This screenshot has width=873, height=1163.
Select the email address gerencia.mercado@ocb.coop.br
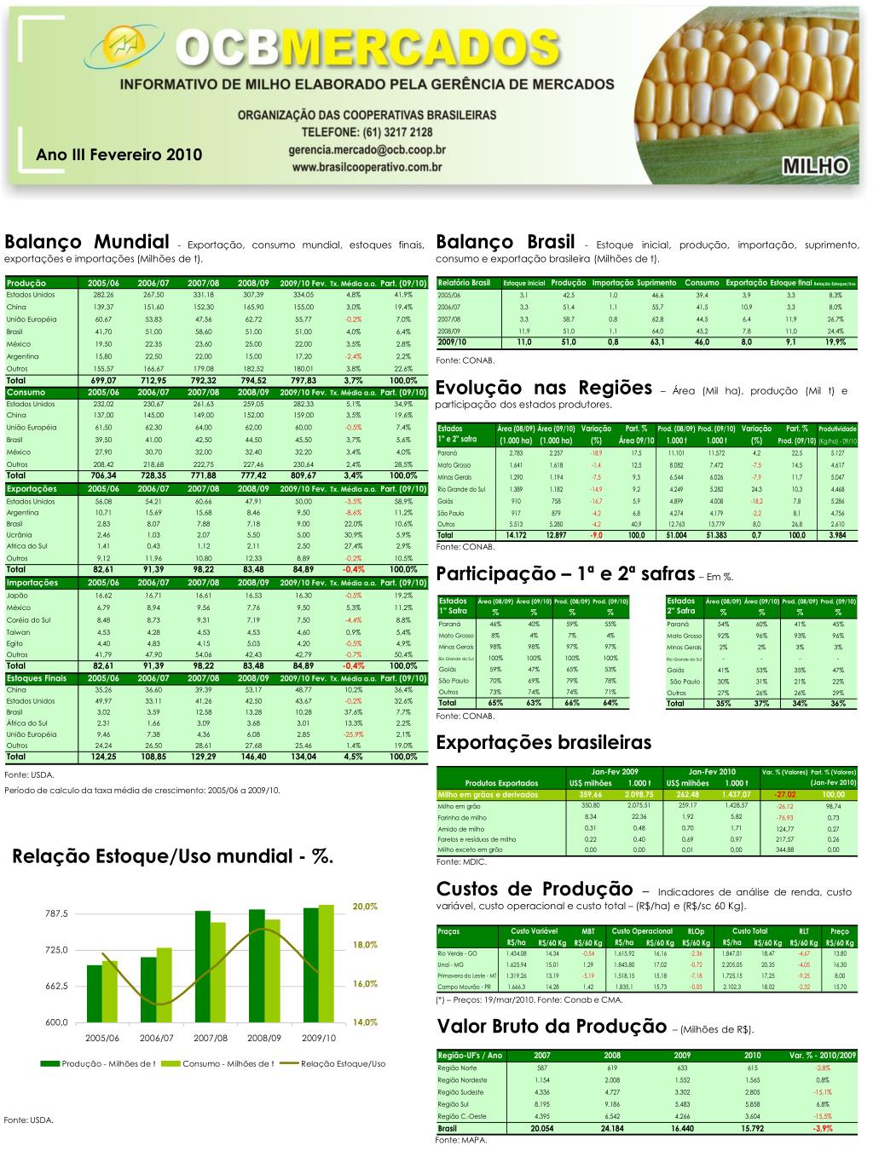[x=367, y=150]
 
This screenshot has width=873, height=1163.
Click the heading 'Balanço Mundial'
[x=87, y=243]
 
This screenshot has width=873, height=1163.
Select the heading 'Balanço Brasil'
[x=506, y=243]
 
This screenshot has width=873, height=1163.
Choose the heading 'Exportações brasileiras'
[x=543, y=742]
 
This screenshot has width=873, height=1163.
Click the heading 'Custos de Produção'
[x=535, y=890]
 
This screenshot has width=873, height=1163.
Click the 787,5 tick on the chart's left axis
[x=56, y=913]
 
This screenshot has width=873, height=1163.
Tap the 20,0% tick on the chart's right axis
[x=364, y=906]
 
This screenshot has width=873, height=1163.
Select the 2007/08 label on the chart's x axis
[x=211, y=1039]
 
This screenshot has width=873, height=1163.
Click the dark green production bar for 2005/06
[x=95, y=993]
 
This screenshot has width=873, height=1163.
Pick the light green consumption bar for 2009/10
[x=327, y=963]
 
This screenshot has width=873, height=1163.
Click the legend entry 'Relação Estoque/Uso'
[x=343, y=1063]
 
